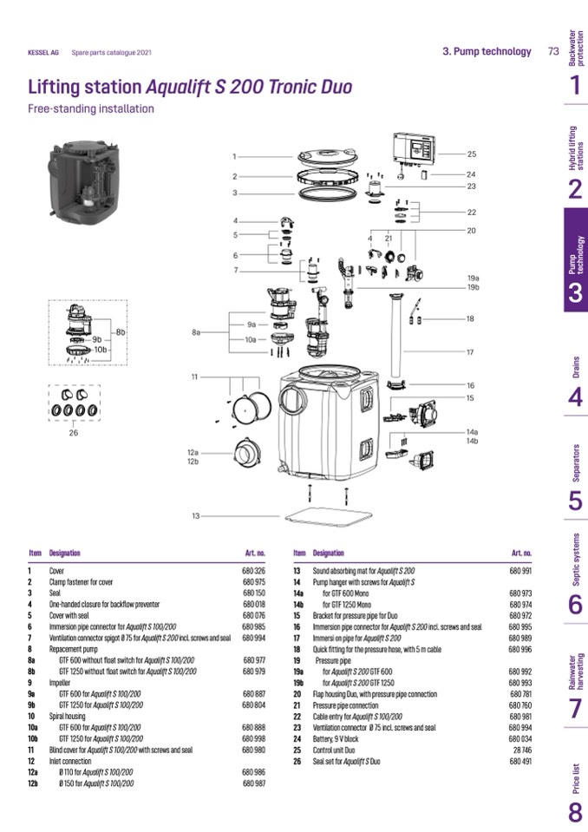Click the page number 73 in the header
(553, 51)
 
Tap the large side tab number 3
(575, 293)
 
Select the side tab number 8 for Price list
(575, 812)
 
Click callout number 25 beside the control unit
(472, 154)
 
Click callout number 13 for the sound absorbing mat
(197, 516)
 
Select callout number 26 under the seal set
(73, 433)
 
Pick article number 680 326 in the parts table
(253, 571)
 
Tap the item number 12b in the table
(34, 783)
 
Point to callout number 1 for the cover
(234, 156)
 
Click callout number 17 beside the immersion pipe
(470, 352)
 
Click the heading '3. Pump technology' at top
(487, 51)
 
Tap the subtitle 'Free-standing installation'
(91, 109)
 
